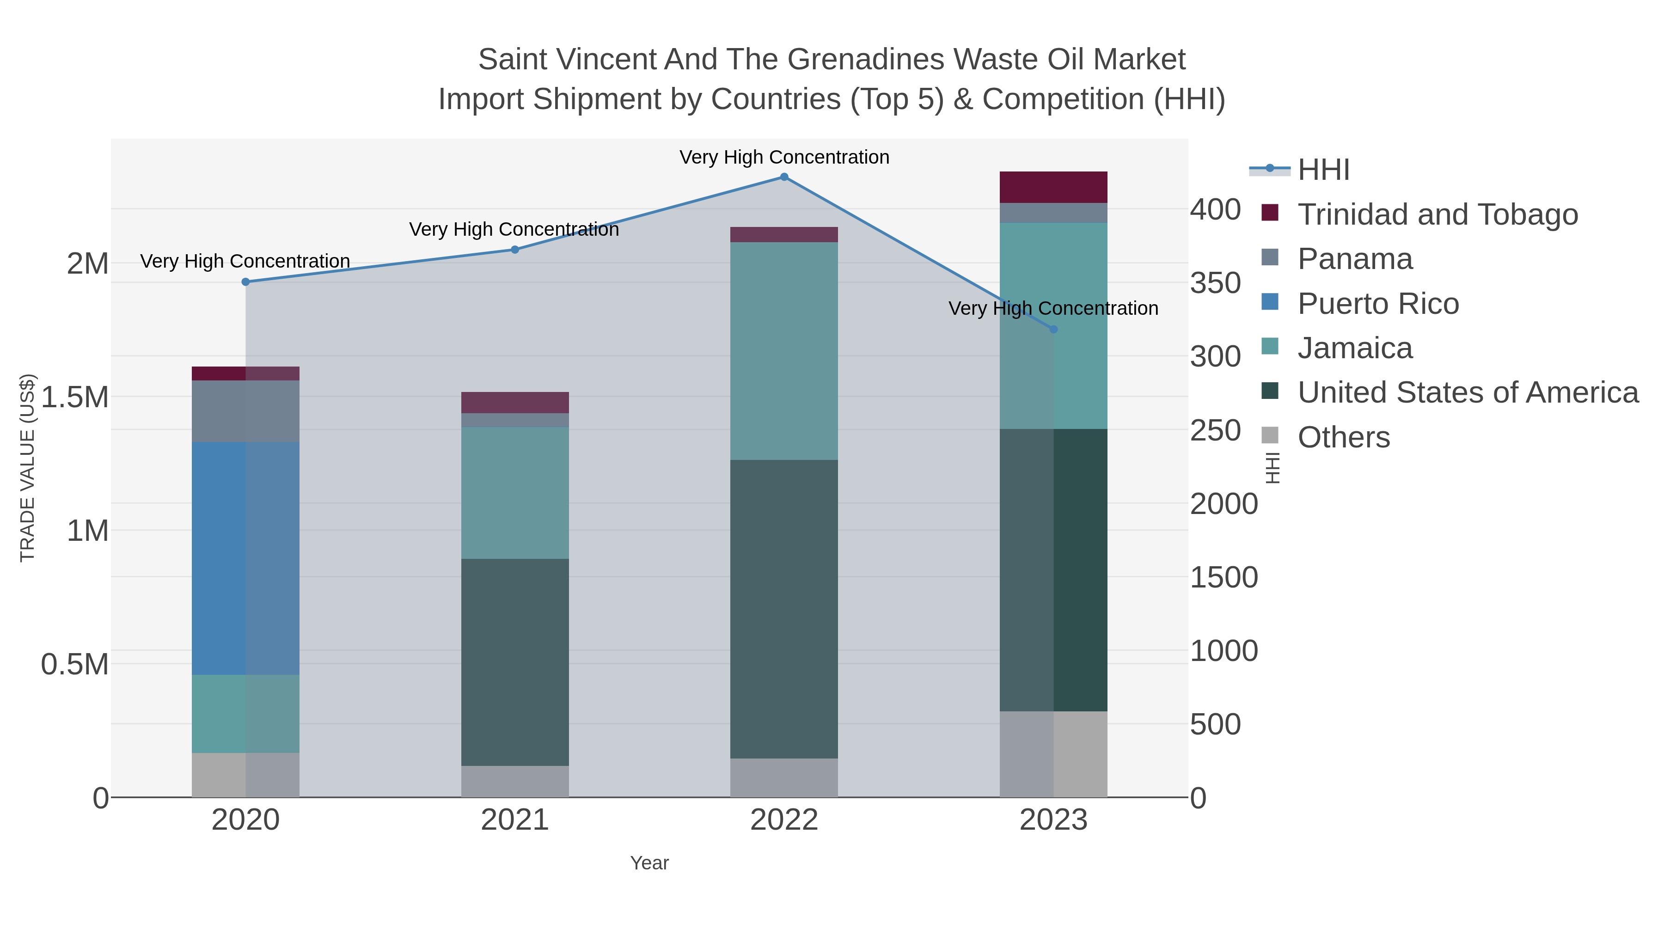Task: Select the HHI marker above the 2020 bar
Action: pos(245,281)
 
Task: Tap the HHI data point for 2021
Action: pos(515,249)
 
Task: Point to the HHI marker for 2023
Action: pos(1053,330)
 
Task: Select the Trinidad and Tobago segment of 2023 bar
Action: pos(1053,187)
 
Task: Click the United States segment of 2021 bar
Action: pos(515,662)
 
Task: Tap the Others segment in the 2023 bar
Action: pos(1053,754)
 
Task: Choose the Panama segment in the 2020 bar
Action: pos(245,411)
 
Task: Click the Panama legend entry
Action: pos(1355,259)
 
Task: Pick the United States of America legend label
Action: pos(1468,393)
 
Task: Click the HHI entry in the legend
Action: pos(1323,170)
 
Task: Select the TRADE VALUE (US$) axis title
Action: pos(27,468)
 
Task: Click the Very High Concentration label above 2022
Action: pos(784,157)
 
